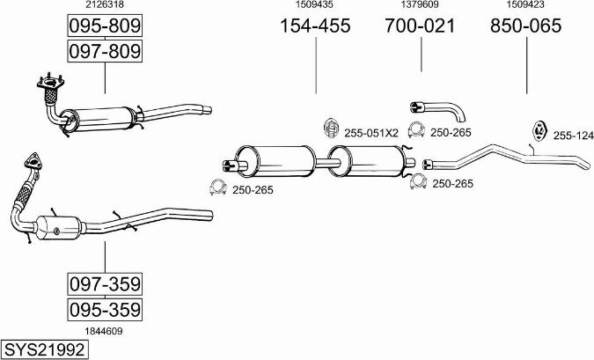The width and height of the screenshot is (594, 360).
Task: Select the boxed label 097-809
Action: (105, 52)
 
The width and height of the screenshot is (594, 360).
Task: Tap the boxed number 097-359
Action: (105, 285)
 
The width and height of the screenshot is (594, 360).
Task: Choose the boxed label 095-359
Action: (105, 310)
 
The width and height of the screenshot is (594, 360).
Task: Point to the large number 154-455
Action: (315, 26)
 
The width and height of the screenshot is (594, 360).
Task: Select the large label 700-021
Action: (420, 26)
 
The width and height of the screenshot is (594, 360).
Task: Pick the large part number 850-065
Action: (525, 26)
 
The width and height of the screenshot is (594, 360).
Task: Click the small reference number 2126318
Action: (104, 5)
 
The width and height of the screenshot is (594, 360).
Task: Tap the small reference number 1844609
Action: (104, 331)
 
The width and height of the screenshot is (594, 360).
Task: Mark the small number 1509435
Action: (315, 5)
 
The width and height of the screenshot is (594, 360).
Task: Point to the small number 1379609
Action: (420, 5)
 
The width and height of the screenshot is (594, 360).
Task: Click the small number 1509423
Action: (525, 5)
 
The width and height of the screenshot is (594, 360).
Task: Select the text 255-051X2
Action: (371, 133)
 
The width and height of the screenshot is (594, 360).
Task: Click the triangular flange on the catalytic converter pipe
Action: (33, 162)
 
